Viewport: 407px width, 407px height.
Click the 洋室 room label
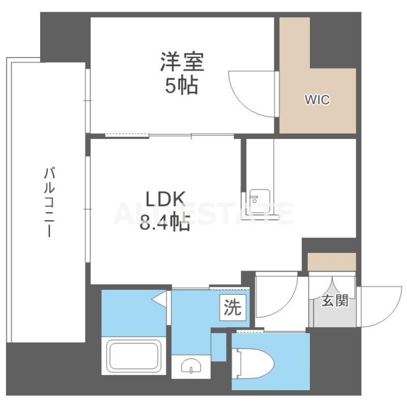182,62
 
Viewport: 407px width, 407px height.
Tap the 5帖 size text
182,85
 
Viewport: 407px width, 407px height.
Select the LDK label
165,199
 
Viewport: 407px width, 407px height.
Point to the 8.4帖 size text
165,222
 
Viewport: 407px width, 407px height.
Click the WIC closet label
317,100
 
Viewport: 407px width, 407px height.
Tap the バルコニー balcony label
49,202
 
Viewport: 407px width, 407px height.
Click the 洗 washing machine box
233,308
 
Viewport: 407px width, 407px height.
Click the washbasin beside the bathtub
191,367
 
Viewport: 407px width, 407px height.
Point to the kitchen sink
259,201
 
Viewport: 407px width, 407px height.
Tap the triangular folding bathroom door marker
159,300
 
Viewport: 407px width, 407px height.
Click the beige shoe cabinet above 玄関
332,262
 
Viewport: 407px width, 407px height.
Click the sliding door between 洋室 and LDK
170,135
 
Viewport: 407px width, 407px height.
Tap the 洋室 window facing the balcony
88,101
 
